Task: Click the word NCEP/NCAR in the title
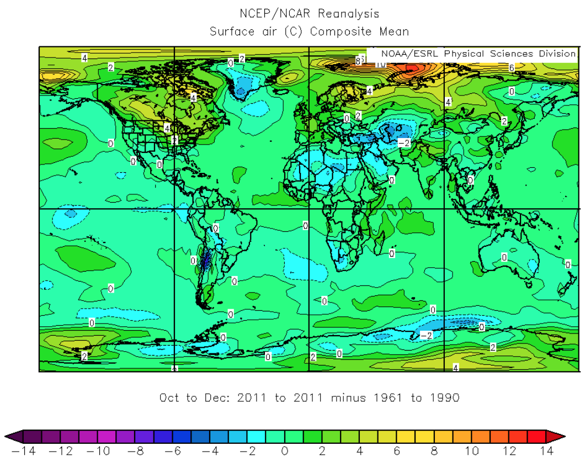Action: tap(268, 14)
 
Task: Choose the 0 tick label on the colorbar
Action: tap(285, 451)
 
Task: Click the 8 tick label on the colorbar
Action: tap(434, 451)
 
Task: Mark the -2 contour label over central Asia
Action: tap(404, 143)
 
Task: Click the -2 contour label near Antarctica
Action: tap(426, 336)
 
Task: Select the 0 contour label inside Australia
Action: tap(504, 257)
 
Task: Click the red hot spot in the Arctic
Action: tap(411, 69)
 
